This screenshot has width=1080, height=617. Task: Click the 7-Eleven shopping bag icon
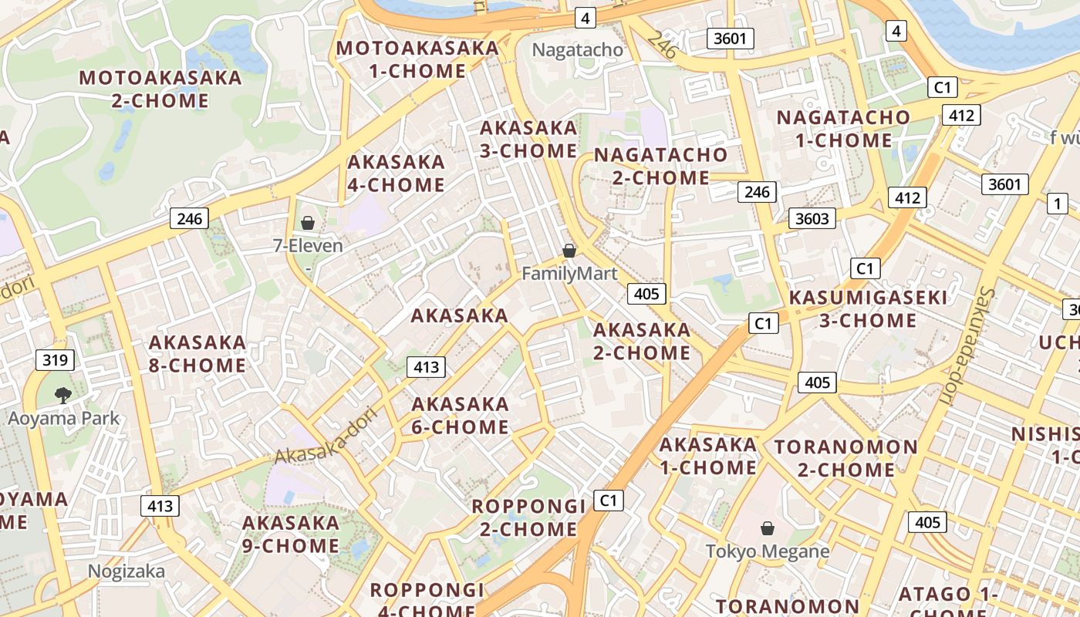(308, 223)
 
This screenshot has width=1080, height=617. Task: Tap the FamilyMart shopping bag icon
(569, 251)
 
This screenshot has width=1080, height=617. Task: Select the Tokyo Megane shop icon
(768, 528)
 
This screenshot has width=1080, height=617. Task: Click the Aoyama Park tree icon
(64, 396)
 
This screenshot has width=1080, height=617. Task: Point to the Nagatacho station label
(578, 50)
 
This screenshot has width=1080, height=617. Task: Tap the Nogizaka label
(126, 571)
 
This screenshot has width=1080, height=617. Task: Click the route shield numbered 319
(55, 359)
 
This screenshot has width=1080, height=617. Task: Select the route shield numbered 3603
(812, 218)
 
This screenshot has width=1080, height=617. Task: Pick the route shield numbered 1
(1057, 204)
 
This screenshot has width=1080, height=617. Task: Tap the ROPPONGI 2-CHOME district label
(528, 518)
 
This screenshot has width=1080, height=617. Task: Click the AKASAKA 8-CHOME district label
(197, 353)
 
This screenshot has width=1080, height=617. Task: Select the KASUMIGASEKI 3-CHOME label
(868, 308)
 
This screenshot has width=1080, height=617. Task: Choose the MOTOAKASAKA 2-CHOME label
(160, 89)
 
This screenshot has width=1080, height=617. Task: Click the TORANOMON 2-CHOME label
(845, 458)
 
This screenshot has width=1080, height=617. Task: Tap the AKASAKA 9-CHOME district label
(291, 534)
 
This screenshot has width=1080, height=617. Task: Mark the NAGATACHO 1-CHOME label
(843, 129)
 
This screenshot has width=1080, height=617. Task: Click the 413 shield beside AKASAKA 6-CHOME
(426, 367)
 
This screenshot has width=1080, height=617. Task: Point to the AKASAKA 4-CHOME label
(396, 174)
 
